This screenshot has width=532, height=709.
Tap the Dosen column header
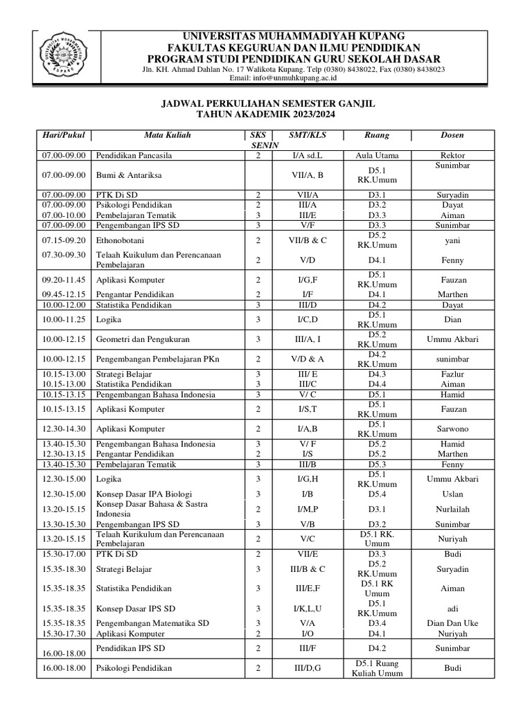tap(452, 135)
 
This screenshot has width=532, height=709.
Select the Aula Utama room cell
tap(377, 156)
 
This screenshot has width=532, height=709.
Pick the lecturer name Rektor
tap(452, 156)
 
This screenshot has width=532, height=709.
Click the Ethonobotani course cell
tap(121, 240)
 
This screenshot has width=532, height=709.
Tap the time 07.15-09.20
tap(62, 240)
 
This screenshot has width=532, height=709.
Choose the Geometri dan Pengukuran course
tap(143, 339)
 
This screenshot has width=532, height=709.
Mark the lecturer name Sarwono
tap(452, 429)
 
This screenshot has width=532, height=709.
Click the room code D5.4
tap(377, 494)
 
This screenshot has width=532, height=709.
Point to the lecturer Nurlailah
tap(452, 509)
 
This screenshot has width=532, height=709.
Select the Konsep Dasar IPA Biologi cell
tap(145, 494)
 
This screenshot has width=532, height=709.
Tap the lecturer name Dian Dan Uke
tap(452, 623)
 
